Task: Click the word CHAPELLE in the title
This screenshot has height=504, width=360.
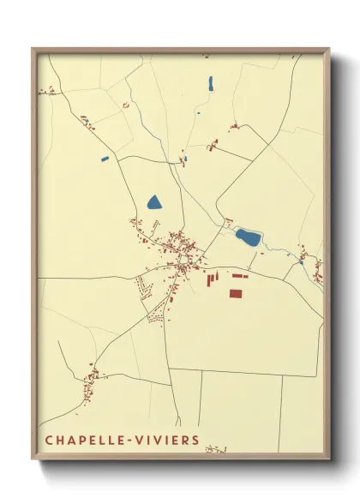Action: coord(82,441)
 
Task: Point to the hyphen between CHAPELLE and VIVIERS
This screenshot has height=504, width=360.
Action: coord(126,441)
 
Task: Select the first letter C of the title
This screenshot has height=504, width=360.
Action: coord(49,441)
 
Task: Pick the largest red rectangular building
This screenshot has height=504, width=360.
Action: coord(236,293)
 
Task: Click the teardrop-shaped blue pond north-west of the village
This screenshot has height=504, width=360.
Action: coord(154,203)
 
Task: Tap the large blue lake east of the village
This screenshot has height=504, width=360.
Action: coord(248,237)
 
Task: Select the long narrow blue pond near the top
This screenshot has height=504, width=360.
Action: coord(211,83)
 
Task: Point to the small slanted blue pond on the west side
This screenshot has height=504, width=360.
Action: coord(105,159)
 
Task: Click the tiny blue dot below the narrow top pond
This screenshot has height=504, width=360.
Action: coord(199,112)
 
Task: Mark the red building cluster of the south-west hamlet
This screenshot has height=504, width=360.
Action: coord(92,375)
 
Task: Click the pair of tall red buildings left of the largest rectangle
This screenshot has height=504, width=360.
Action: coord(211,277)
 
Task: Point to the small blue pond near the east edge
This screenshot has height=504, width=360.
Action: coord(302,262)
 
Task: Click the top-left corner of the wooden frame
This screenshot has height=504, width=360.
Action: coord(33,49)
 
